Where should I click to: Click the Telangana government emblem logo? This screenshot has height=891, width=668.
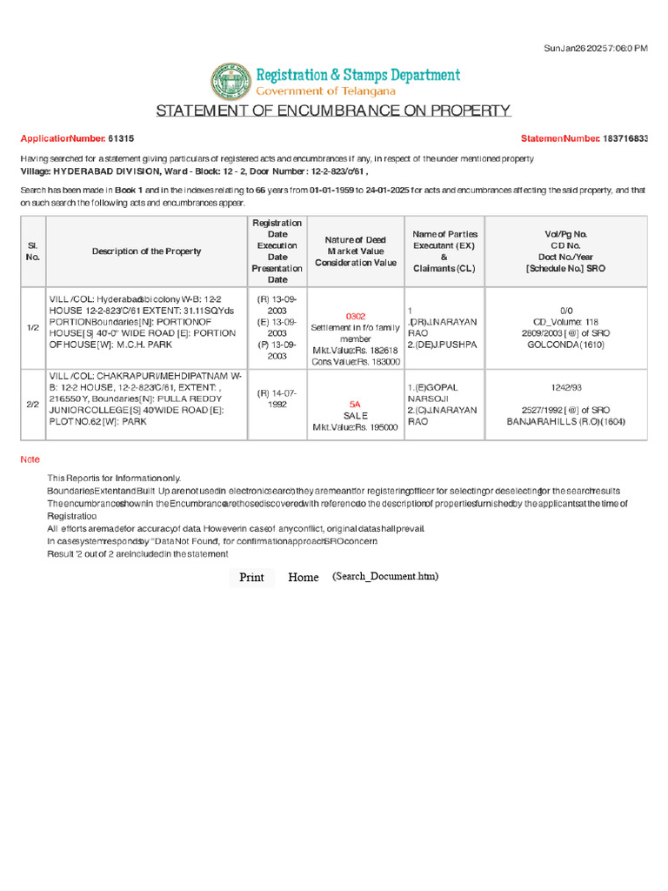(x=230, y=81)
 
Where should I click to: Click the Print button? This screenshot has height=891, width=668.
(x=251, y=578)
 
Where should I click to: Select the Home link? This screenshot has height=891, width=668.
(x=304, y=578)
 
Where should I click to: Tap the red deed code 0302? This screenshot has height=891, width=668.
(x=356, y=316)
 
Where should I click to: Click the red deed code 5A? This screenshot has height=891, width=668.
(x=355, y=405)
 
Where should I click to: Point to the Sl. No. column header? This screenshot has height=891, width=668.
(x=33, y=251)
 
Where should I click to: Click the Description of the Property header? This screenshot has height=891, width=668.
(x=146, y=251)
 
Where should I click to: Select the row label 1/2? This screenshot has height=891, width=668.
(x=33, y=327)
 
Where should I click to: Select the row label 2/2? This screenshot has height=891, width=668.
(x=33, y=405)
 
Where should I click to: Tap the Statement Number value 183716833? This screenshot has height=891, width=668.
(x=626, y=138)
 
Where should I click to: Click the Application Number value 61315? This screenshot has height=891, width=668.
(x=121, y=138)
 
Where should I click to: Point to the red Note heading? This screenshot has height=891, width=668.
(x=30, y=459)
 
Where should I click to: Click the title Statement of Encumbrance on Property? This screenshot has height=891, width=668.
(x=333, y=111)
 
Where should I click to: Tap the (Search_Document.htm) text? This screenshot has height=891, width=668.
(x=385, y=577)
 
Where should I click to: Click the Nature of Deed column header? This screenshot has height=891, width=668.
(x=355, y=251)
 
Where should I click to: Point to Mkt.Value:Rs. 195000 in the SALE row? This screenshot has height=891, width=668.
(x=355, y=427)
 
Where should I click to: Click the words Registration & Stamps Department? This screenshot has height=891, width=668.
(x=357, y=75)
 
